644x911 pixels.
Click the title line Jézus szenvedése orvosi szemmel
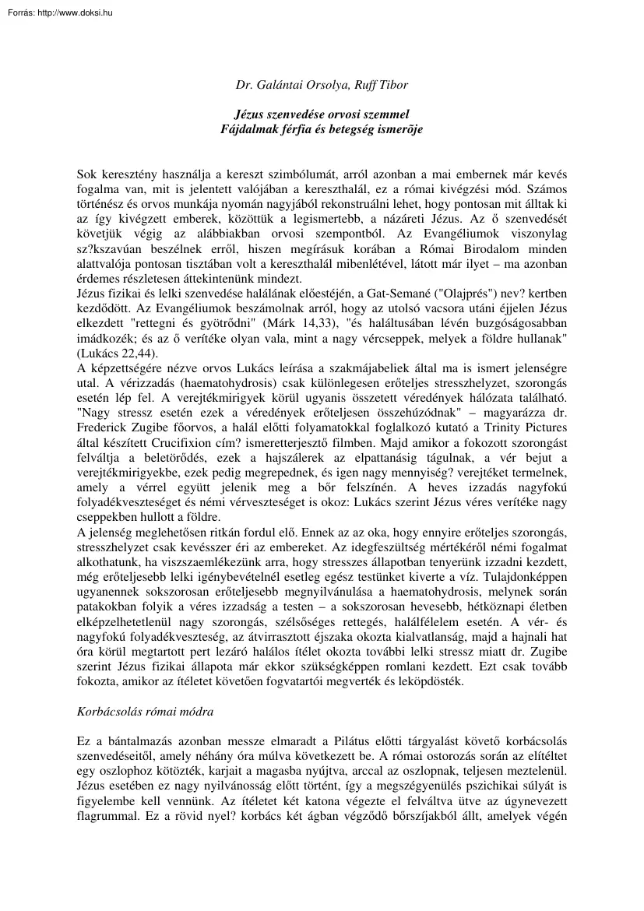[322, 114]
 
